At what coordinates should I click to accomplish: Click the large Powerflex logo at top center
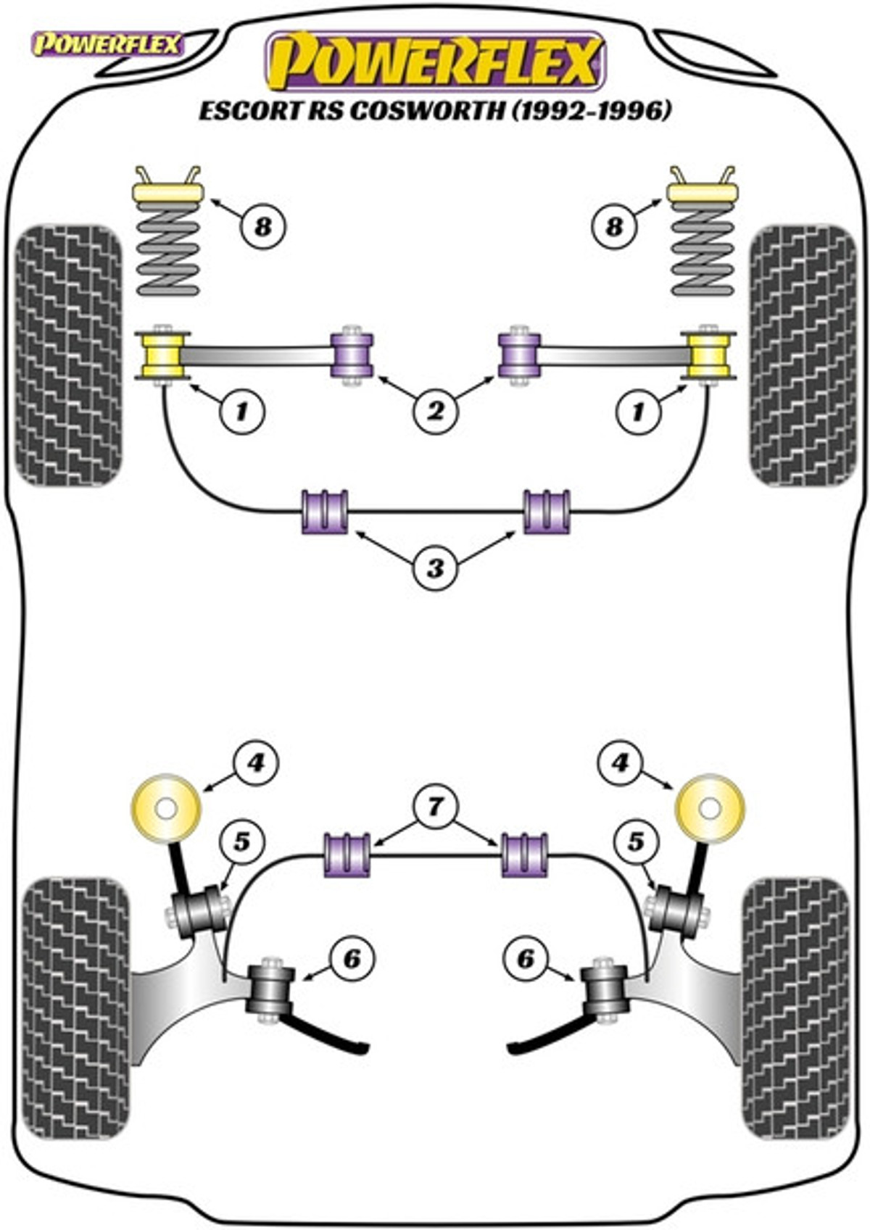(x=435, y=62)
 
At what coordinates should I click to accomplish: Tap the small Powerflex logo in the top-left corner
(x=107, y=45)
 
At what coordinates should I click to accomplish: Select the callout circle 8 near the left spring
(x=262, y=226)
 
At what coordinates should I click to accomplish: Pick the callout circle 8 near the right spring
(x=614, y=226)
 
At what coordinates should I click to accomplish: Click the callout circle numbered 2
(x=435, y=412)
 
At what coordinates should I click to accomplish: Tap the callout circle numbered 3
(x=435, y=568)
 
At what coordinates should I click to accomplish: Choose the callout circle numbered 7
(x=435, y=806)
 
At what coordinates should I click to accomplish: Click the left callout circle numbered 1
(x=241, y=412)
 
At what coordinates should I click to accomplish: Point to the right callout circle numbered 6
(x=525, y=959)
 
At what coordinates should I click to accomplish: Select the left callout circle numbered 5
(x=241, y=842)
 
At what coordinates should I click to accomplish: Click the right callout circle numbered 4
(x=621, y=762)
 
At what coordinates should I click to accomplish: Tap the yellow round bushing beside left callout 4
(x=166, y=808)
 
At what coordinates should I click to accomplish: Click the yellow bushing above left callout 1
(x=164, y=355)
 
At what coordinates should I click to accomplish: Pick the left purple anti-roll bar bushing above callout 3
(x=324, y=512)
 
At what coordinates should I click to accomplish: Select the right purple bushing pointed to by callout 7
(x=525, y=855)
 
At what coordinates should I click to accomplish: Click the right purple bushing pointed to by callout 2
(x=519, y=355)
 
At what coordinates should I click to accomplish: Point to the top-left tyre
(x=68, y=355)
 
